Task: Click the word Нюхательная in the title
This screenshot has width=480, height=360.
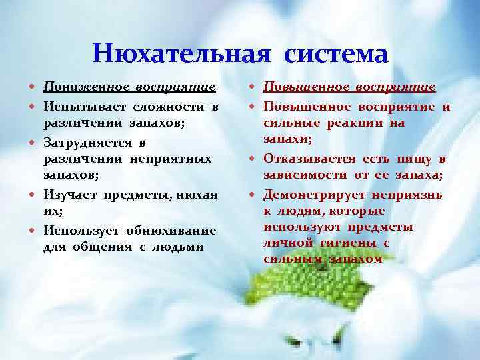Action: click(x=182, y=53)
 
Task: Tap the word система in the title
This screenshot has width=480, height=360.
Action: click(x=335, y=53)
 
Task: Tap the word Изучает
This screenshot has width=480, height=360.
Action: click(x=70, y=194)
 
